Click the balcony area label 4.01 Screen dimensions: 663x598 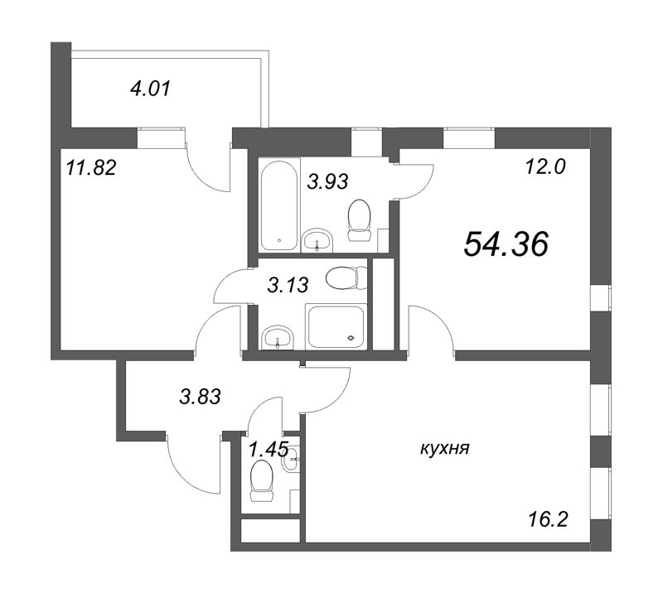[151, 89]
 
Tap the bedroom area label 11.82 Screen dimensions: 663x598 [91, 168]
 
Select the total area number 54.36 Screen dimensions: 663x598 [506, 245]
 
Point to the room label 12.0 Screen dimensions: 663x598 [545, 168]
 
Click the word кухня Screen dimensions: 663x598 [445, 449]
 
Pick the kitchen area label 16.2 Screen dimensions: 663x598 [548, 519]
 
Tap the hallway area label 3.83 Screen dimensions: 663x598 [201, 397]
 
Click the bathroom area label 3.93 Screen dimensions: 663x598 [327, 181]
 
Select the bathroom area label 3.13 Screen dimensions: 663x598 [288, 285]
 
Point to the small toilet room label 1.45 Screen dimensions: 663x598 [269, 449]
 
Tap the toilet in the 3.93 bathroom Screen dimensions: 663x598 [359, 219]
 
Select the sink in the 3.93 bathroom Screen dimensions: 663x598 [318, 240]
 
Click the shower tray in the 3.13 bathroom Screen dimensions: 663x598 [336, 326]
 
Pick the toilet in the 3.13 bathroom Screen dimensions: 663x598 [346, 277]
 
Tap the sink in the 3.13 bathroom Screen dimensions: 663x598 [278, 338]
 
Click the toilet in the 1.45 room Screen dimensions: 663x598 [261, 480]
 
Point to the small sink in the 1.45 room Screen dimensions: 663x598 [292, 459]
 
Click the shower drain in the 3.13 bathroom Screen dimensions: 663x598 [351, 338]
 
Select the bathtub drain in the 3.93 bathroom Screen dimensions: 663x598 [279, 240]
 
